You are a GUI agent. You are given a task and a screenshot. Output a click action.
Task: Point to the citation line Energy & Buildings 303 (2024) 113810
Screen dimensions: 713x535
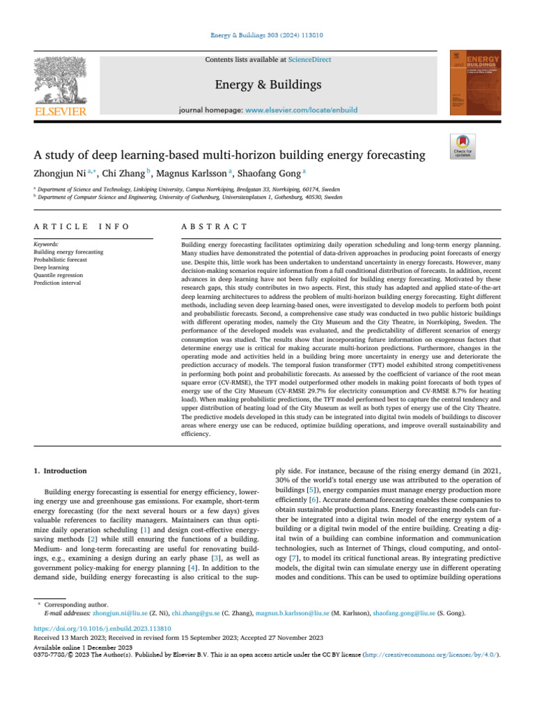(x=267, y=34)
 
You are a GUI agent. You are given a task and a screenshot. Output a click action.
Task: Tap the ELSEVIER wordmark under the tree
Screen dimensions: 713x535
(x=61, y=111)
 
